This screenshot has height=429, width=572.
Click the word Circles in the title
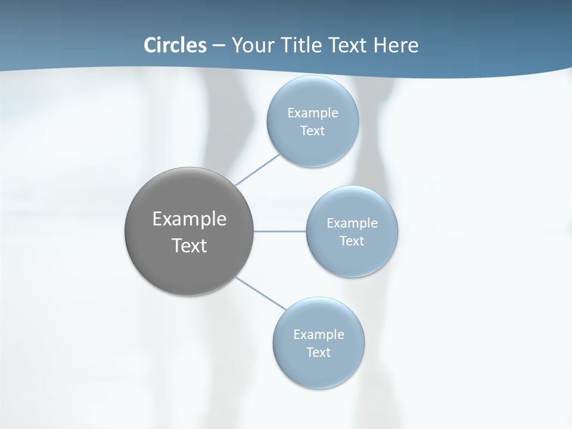175,45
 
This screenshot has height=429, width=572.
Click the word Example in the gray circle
189,219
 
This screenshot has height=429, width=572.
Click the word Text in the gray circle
189,245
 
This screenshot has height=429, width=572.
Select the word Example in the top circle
312,113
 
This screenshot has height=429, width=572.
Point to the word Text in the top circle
312,131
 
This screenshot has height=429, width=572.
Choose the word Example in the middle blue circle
352,223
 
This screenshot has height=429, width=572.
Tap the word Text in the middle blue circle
352,241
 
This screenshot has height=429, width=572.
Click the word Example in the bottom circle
318,334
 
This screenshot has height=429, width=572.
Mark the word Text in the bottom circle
318,352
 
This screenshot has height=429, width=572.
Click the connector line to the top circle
257,170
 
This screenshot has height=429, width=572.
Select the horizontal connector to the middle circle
280,231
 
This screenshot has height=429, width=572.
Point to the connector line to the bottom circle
261,293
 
